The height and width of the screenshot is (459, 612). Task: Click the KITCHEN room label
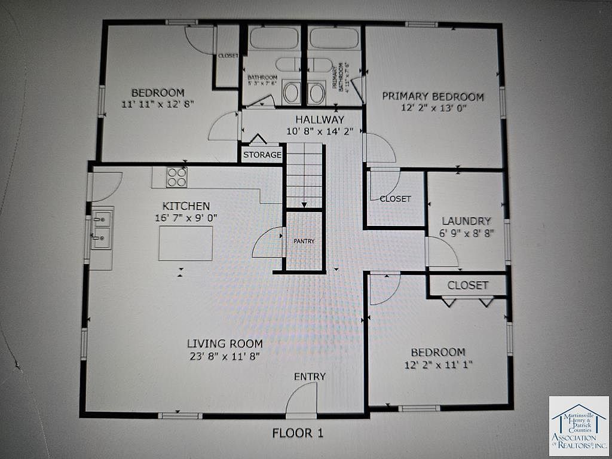pos(186,206)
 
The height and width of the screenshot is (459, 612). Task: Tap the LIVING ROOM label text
pos(225,344)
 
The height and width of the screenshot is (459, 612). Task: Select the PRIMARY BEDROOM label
pos(433,96)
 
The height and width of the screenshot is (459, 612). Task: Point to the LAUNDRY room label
pos(466,221)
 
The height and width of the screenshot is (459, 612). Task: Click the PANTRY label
pos(304,241)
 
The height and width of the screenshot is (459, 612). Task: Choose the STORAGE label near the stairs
pos(262,155)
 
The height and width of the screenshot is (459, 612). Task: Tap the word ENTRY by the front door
pos(310,377)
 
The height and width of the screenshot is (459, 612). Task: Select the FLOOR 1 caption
pos(298,433)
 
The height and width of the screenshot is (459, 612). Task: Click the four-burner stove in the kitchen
pos(176,177)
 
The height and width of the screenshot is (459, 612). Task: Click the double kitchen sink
pos(101,229)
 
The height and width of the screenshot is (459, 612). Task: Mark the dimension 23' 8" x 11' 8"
pos(225,357)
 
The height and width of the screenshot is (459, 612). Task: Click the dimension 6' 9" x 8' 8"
pos(466,234)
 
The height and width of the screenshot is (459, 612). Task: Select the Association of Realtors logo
pos(579,426)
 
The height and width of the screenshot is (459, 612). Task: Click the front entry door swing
pos(302,399)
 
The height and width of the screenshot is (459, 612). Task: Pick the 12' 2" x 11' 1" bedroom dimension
pos(438,365)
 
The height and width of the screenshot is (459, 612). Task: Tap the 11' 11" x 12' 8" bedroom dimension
pos(158,104)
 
